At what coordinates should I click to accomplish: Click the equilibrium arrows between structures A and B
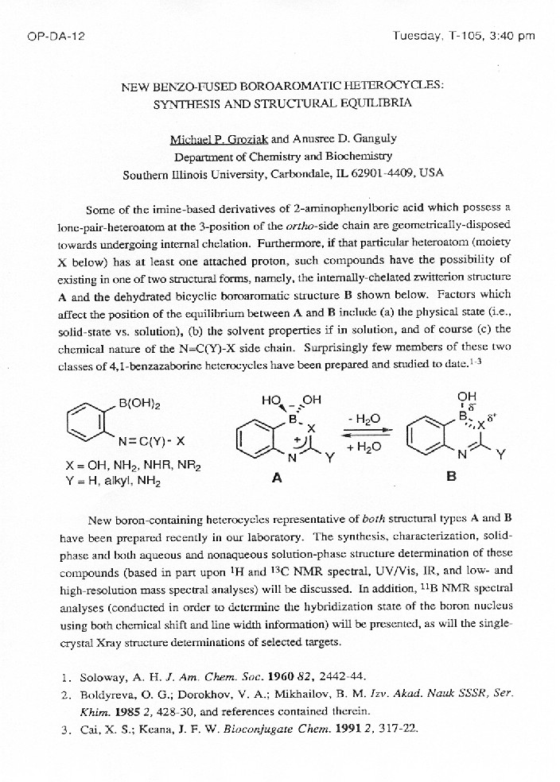point(367,432)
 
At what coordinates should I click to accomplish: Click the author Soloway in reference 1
point(106,677)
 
